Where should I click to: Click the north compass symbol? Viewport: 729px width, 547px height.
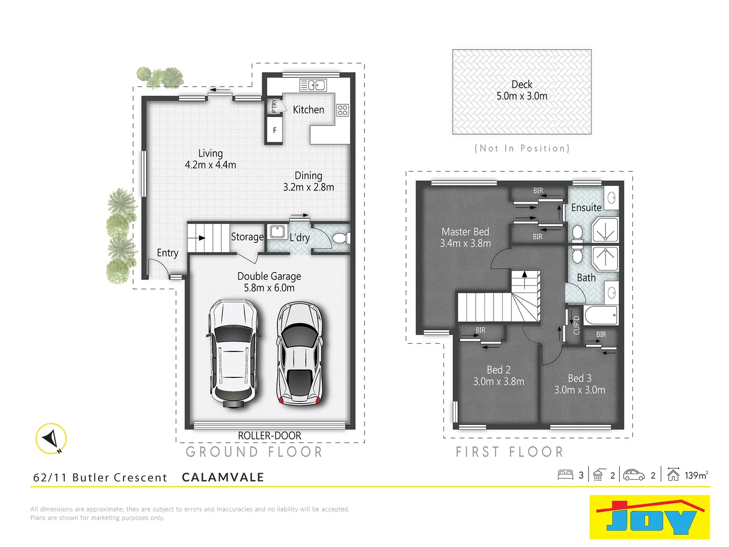click(51, 438)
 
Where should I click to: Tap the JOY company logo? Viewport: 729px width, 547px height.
click(650, 517)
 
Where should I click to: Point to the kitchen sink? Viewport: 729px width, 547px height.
click(312, 85)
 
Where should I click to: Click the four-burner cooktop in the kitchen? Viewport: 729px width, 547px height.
click(343, 110)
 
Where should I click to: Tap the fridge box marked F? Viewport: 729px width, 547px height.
click(274, 130)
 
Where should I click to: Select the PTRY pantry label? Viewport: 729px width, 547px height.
click(274, 105)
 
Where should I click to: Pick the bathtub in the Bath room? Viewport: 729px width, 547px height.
click(601, 315)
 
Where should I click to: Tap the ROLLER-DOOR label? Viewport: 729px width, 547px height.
click(269, 436)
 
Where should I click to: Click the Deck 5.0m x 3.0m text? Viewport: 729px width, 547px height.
click(521, 90)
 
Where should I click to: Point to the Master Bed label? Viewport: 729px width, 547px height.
click(465, 232)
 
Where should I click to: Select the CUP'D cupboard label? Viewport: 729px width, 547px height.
click(576, 325)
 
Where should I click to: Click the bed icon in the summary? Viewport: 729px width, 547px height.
click(565, 475)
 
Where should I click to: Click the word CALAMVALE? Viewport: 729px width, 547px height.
click(223, 477)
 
